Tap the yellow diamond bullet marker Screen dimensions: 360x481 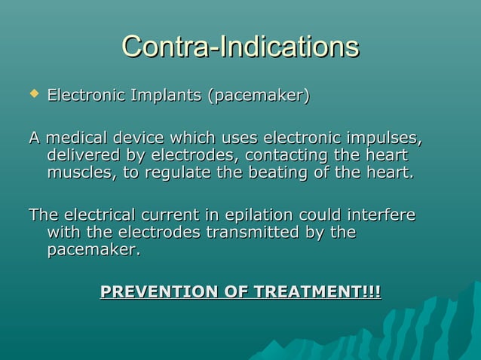[x=33, y=96]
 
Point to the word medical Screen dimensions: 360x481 [x=76, y=139]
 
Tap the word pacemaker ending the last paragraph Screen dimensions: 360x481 [x=93, y=249]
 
